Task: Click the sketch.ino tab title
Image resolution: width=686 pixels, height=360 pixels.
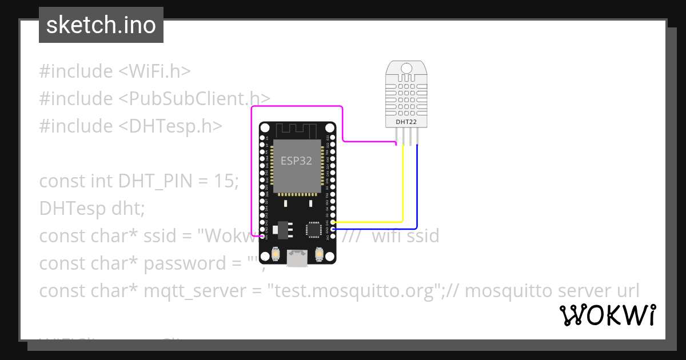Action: click(101, 25)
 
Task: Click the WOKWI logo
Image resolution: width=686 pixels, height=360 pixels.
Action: click(607, 315)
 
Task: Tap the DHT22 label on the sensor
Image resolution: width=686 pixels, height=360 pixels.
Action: click(406, 122)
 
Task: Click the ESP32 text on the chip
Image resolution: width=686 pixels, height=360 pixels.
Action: click(296, 161)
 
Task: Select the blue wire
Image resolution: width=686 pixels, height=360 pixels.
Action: click(417, 189)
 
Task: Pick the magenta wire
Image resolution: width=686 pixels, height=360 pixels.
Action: click(297, 106)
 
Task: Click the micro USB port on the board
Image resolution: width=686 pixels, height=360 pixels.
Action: click(297, 258)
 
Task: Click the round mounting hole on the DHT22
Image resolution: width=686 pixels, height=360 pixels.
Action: click(406, 69)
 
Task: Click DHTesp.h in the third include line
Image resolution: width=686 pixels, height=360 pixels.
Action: click(170, 126)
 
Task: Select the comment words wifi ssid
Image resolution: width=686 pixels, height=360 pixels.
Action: click(405, 235)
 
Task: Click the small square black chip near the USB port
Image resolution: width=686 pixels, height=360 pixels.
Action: click(314, 229)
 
